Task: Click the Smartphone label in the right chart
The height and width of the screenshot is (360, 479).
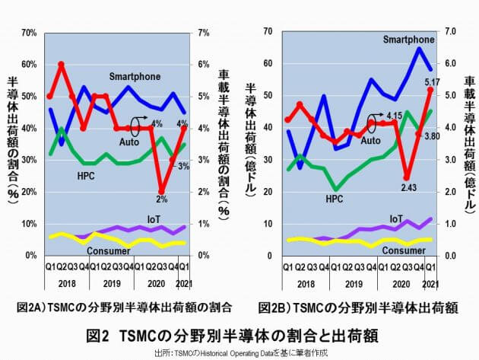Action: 409,40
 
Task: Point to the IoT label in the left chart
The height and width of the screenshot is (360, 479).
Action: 154,218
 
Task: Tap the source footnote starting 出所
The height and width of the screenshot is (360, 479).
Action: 239,353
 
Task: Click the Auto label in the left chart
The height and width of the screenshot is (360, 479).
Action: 129,142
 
